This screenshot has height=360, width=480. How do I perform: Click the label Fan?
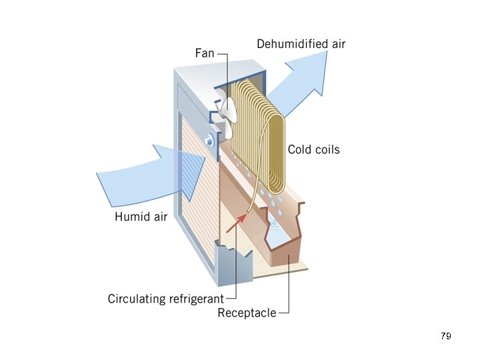[x=205, y=53]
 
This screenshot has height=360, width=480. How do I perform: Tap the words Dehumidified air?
[x=301, y=44]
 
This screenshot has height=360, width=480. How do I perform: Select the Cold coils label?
[x=313, y=149]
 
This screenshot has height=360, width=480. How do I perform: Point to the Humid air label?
[x=141, y=216]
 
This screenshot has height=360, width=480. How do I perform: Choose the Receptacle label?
[x=247, y=313]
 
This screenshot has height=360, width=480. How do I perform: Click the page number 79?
[x=446, y=336]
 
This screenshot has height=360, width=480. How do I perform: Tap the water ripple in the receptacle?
[x=275, y=228]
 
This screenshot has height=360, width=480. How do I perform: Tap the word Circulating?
[x=131, y=298]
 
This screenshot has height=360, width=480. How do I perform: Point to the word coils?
[x=327, y=149]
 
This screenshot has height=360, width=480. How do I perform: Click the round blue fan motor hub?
[x=209, y=139]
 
